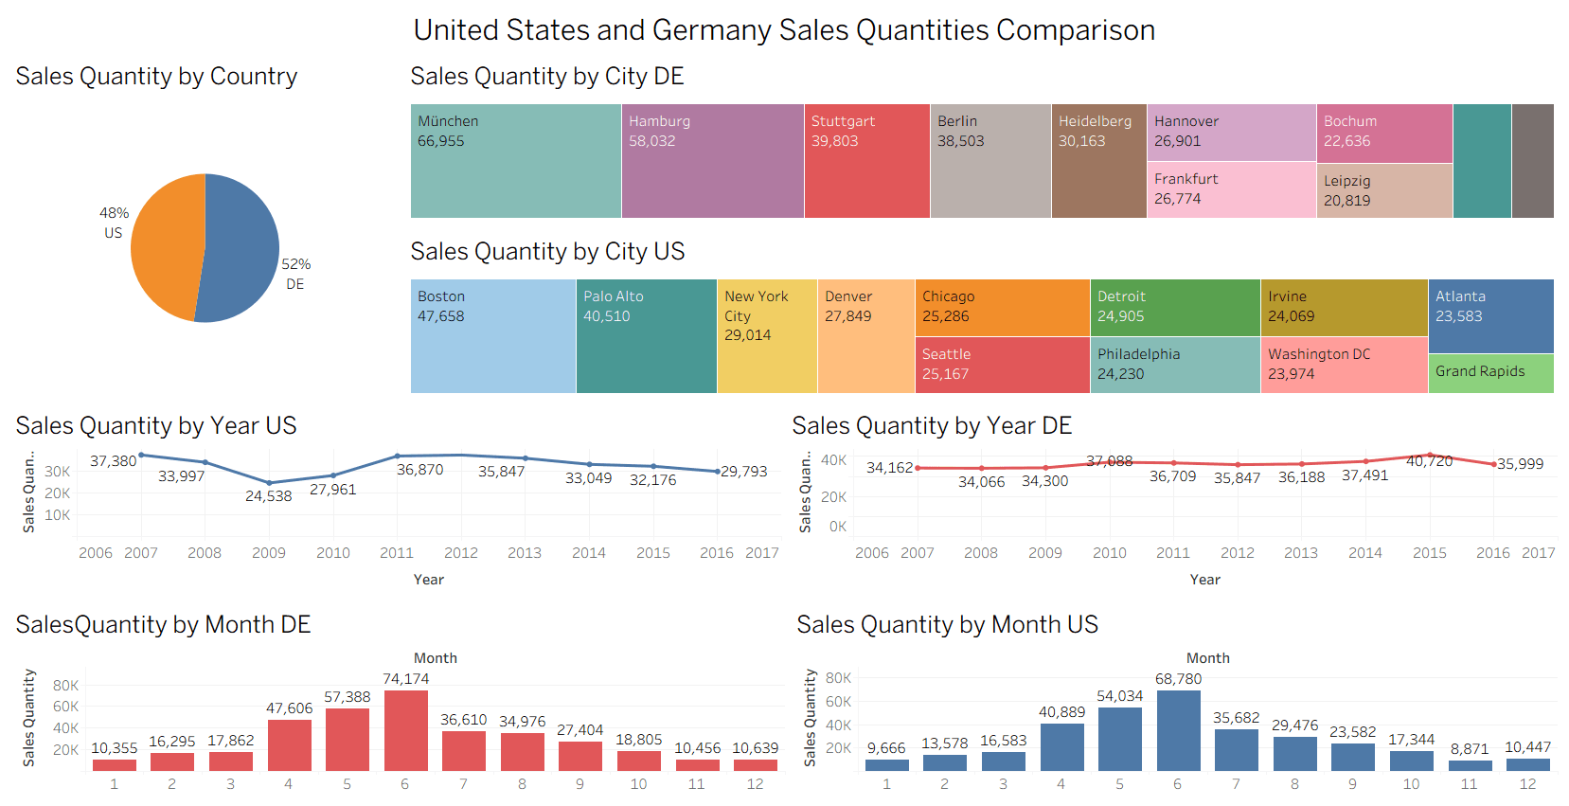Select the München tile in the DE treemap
pyautogui.click(x=515, y=161)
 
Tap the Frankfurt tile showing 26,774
pyautogui.click(x=1230, y=189)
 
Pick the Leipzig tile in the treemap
pyautogui.click(x=1383, y=190)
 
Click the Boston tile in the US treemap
pyautogui.click(x=492, y=336)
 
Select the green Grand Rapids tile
pyautogui.click(x=1489, y=372)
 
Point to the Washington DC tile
pyautogui.click(x=1343, y=365)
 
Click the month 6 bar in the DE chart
pyautogui.click(x=405, y=730)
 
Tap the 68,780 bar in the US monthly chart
pyautogui.click(x=1178, y=730)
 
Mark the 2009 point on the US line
pyautogui.click(x=269, y=483)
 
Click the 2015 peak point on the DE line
pyautogui.click(x=1430, y=456)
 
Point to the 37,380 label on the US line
pyautogui.click(x=113, y=461)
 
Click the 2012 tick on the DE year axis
pyautogui.click(x=1237, y=553)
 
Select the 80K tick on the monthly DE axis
pyautogui.click(x=66, y=686)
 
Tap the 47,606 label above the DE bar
pyautogui.click(x=289, y=708)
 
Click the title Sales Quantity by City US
pyautogui.click(x=546, y=252)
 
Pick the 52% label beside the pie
pyautogui.click(x=295, y=264)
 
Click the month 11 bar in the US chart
pyautogui.click(x=1470, y=765)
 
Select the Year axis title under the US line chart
pyautogui.click(x=428, y=580)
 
